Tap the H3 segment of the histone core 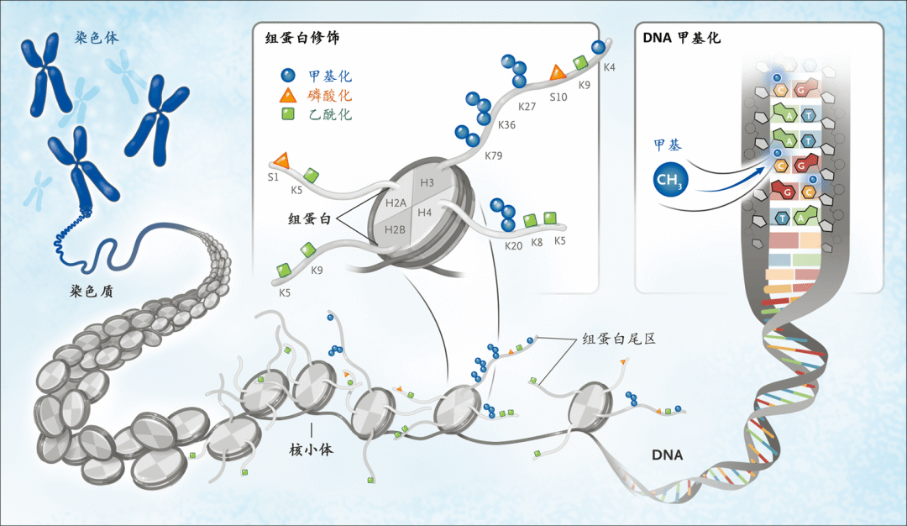(x=427, y=182)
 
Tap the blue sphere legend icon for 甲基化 (x=288, y=74)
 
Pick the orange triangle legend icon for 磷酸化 (x=288, y=95)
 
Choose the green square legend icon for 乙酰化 (x=288, y=114)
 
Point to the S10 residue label (x=558, y=97)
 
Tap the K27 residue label (x=527, y=107)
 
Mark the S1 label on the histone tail (x=272, y=177)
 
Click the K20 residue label (x=513, y=245)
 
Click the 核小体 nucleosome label (x=312, y=449)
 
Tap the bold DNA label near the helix (x=668, y=455)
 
